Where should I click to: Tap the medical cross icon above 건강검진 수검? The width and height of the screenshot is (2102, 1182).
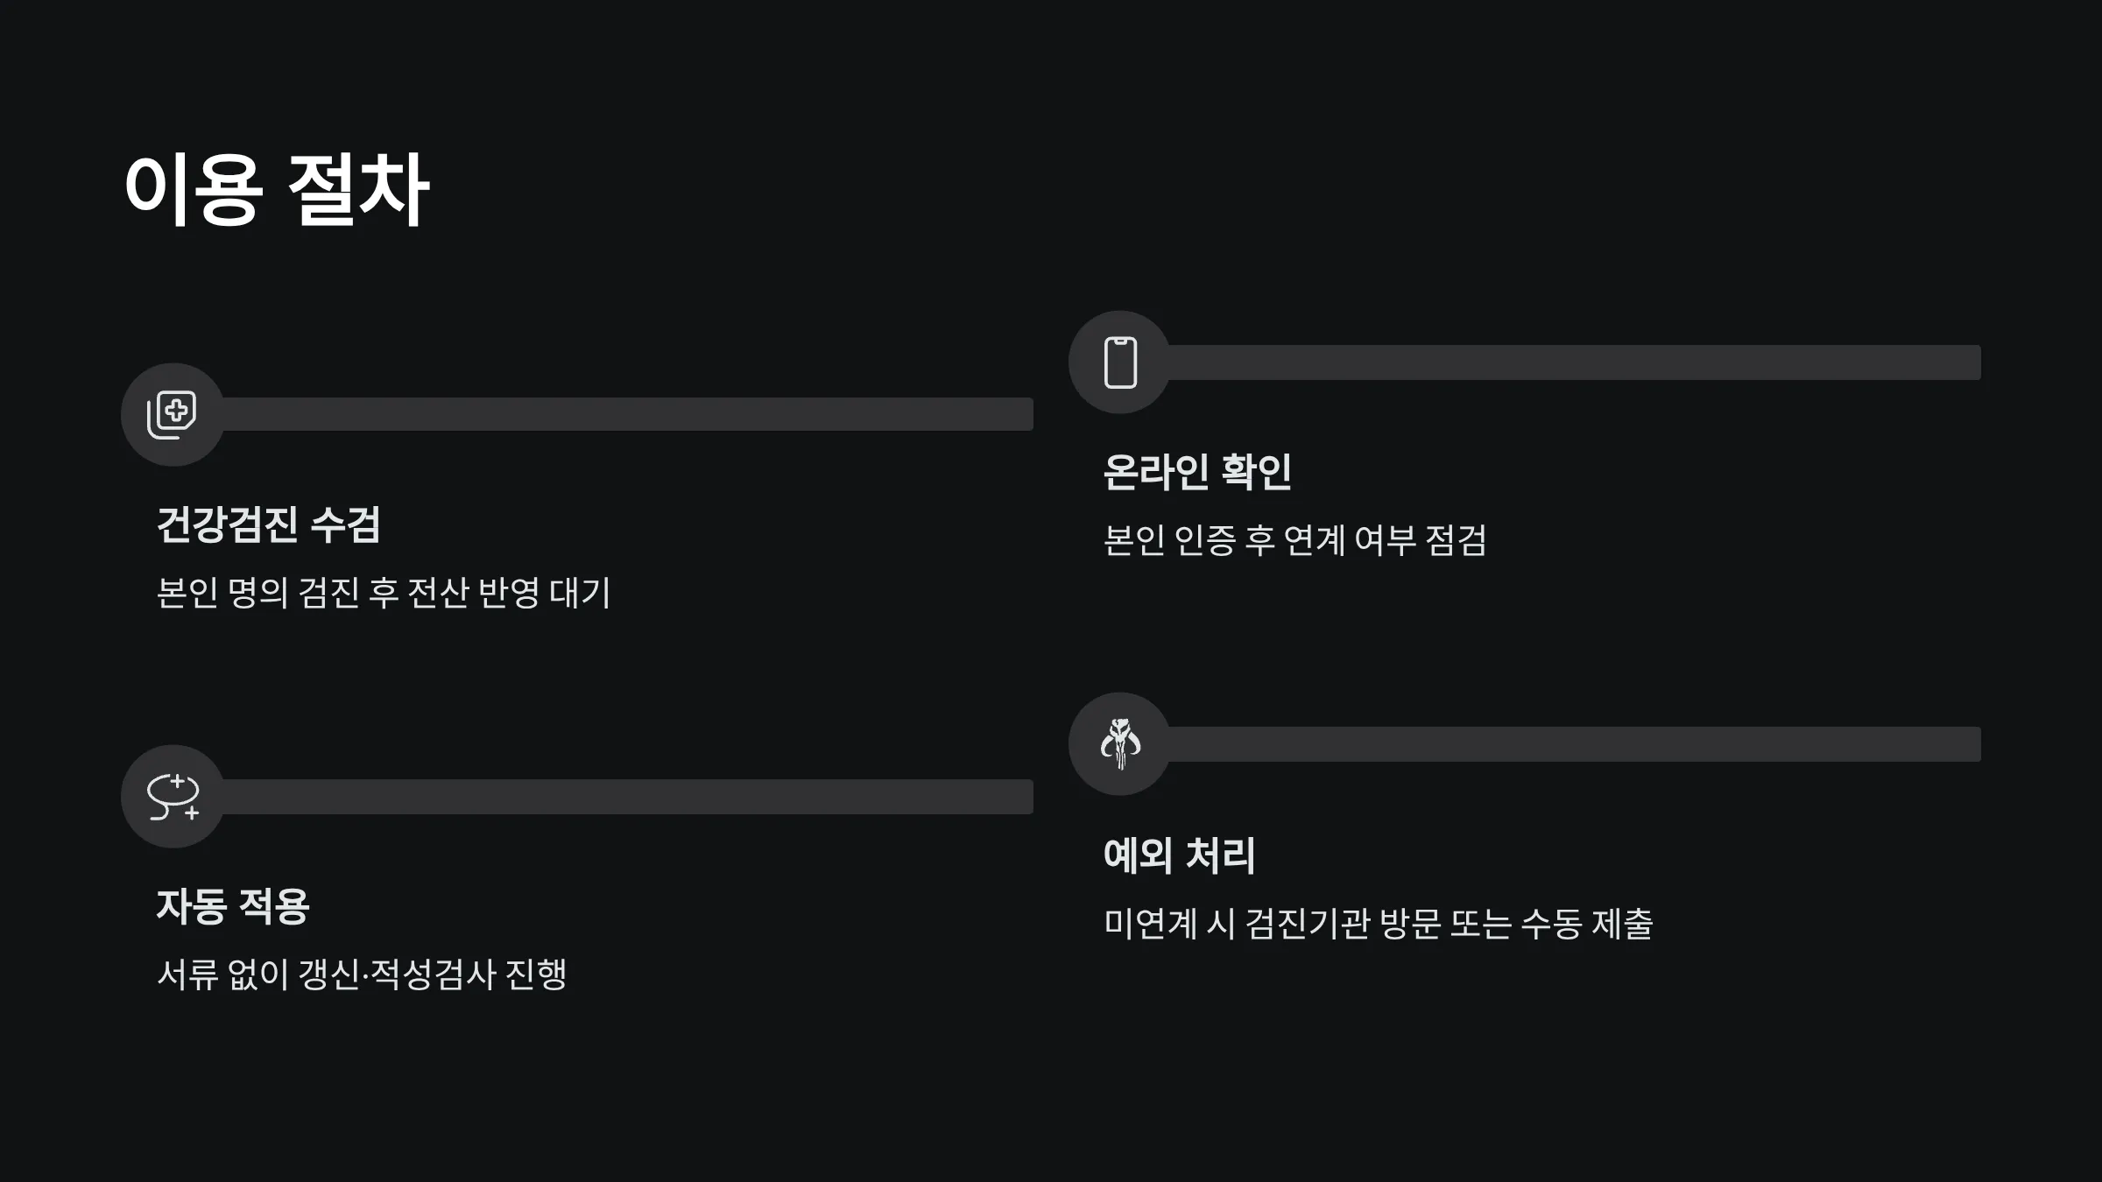[173, 414]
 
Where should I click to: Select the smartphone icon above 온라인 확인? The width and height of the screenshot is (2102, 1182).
[1120, 362]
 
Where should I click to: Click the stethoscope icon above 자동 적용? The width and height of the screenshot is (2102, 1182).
[173, 796]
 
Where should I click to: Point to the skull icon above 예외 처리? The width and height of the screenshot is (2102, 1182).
[1120, 743]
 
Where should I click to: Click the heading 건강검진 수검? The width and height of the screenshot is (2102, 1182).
[268, 525]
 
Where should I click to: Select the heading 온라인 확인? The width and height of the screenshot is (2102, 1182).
[1197, 472]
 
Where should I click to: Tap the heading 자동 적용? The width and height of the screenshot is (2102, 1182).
[233, 906]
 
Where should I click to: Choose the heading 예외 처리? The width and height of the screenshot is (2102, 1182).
[1179, 855]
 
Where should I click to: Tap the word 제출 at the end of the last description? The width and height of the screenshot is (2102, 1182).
[1622, 924]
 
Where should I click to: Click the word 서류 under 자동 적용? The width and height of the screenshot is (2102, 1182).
[187, 974]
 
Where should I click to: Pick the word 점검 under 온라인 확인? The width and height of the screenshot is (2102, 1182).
[1456, 540]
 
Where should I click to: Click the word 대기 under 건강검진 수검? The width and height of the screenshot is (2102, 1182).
[579, 593]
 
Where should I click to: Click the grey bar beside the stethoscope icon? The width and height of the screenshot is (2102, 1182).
[627, 796]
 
